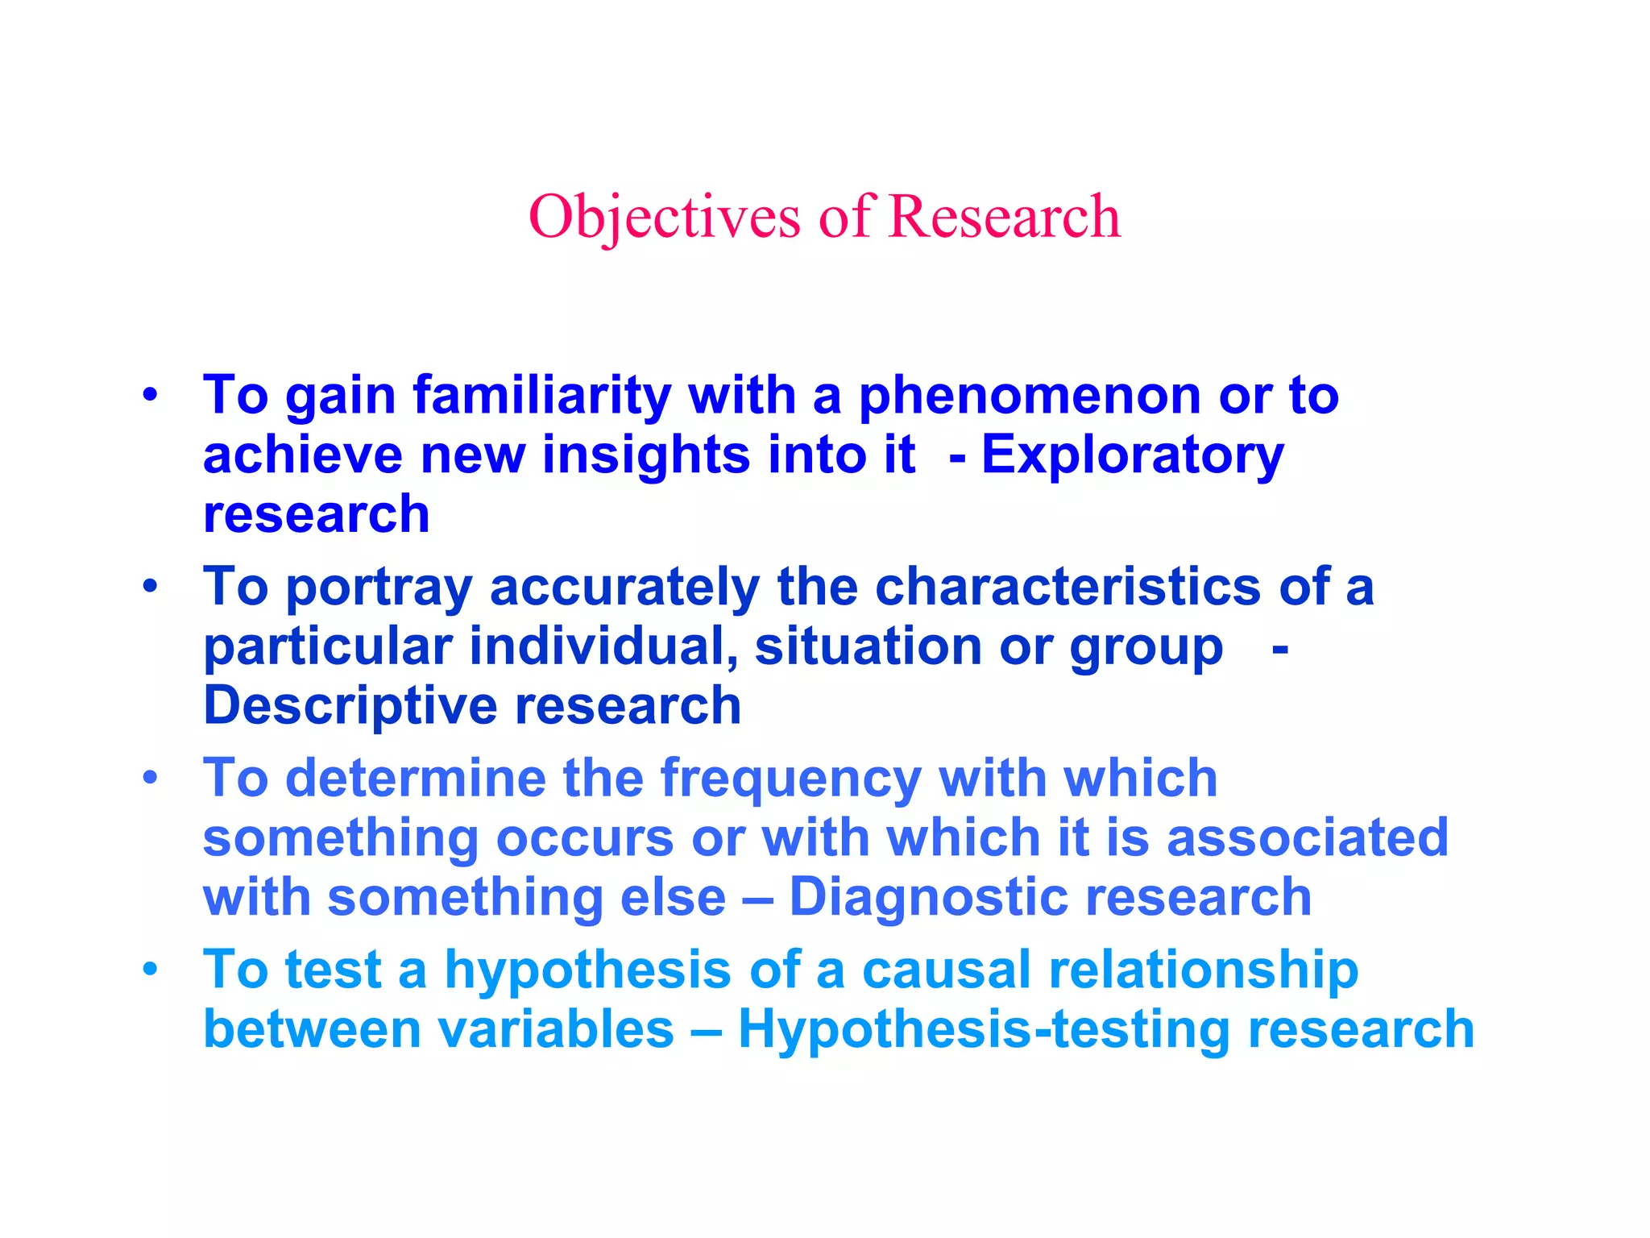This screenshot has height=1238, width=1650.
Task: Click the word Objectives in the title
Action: [x=664, y=218]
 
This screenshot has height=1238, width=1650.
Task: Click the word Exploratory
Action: [x=1132, y=456]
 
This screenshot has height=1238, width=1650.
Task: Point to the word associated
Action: [x=1307, y=837]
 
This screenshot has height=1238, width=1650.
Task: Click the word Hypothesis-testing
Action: [x=984, y=1031]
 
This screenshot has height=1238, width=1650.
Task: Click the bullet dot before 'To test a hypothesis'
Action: [x=150, y=970]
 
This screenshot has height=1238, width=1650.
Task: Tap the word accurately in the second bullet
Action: [x=624, y=588]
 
